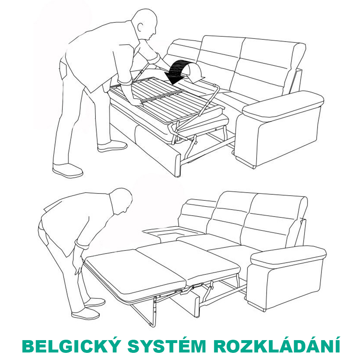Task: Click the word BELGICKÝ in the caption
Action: point(71,346)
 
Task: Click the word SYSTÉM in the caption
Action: point(167,346)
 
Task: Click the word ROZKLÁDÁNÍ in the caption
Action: point(276,346)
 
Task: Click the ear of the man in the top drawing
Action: point(140,27)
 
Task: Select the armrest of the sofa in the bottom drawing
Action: point(289,257)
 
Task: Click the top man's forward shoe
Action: point(112,146)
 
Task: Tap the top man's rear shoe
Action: point(68,171)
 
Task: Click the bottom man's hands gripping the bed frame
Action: point(78,264)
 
